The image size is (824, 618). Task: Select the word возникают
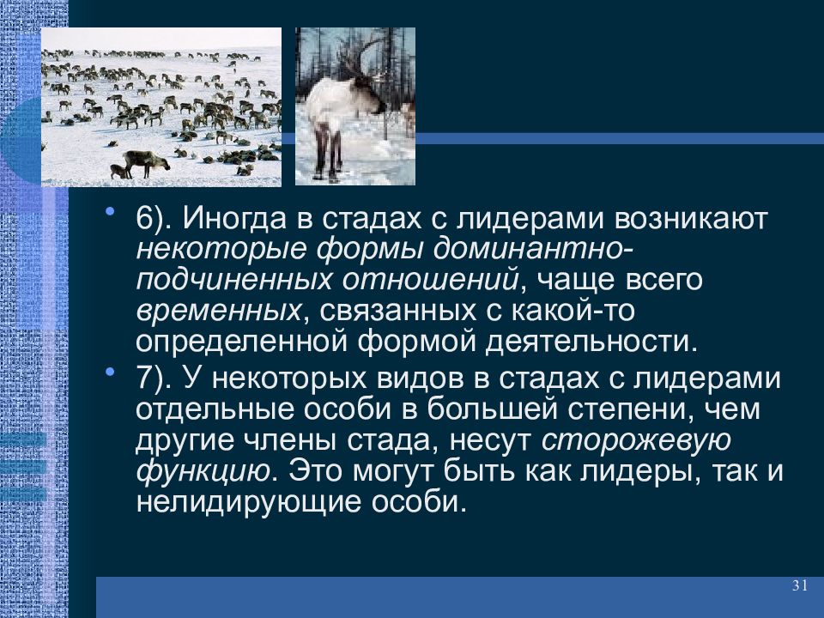tap(691, 219)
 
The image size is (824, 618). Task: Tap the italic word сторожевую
tap(636, 440)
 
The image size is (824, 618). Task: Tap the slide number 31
tap(800, 585)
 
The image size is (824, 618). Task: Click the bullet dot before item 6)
tap(109, 213)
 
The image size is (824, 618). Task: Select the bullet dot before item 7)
tap(109, 372)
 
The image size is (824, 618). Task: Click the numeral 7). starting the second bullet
tap(153, 379)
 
